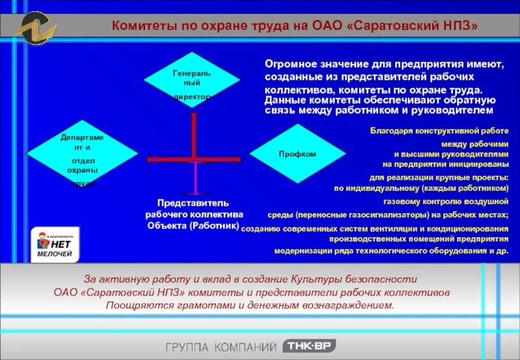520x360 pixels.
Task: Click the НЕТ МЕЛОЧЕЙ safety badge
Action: [53, 246]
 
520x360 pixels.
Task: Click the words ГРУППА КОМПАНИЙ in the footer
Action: [220, 346]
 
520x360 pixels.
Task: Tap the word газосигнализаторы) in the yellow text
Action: [402, 214]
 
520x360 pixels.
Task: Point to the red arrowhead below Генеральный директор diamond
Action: [193, 115]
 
